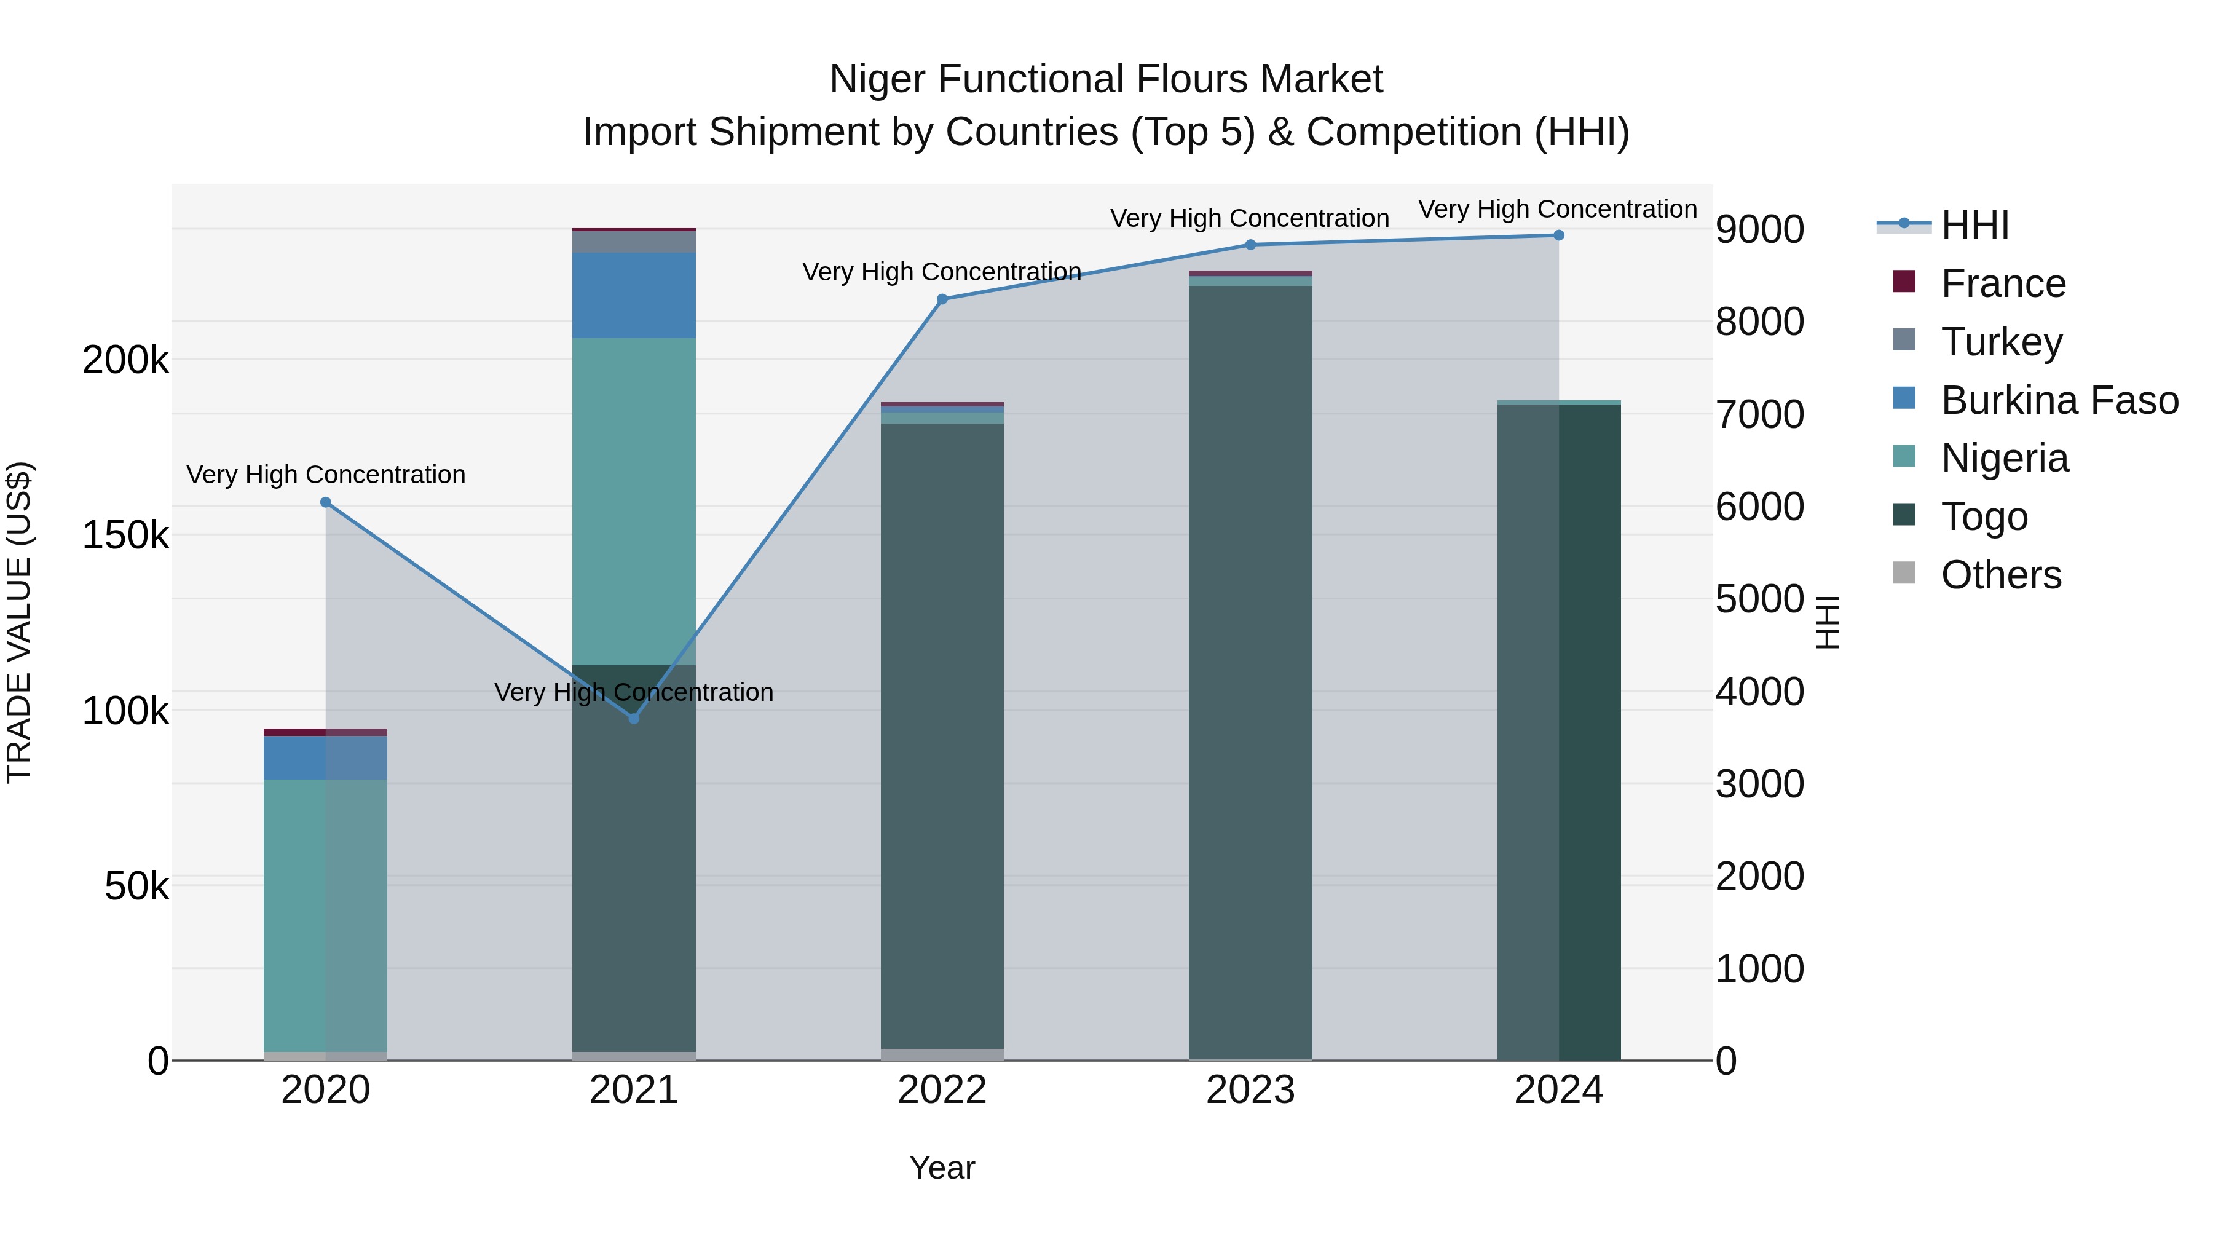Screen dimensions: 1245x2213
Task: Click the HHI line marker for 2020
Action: click(326, 503)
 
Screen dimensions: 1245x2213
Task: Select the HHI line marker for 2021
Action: click(634, 718)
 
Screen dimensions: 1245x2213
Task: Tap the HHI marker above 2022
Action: click(942, 299)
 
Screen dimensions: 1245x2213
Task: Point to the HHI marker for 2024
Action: click(1558, 235)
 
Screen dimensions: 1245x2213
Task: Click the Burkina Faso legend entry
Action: click(2058, 400)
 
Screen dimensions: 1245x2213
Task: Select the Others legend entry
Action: click(2000, 575)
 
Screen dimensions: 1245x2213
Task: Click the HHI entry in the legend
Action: click(1974, 225)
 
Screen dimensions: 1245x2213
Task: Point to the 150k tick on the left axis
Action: click(125, 536)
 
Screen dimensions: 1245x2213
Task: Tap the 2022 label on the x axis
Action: click(942, 1090)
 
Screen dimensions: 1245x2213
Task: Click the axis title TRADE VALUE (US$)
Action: click(19, 622)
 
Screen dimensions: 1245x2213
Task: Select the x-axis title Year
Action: click(942, 1168)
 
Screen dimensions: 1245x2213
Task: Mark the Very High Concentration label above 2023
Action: click(1249, 218)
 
